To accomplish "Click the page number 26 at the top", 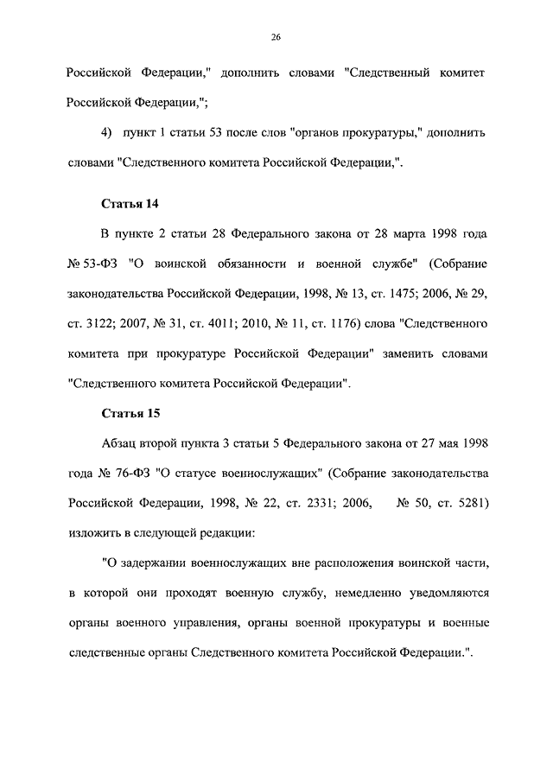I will point(276,36).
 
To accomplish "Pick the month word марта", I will point(403,234).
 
